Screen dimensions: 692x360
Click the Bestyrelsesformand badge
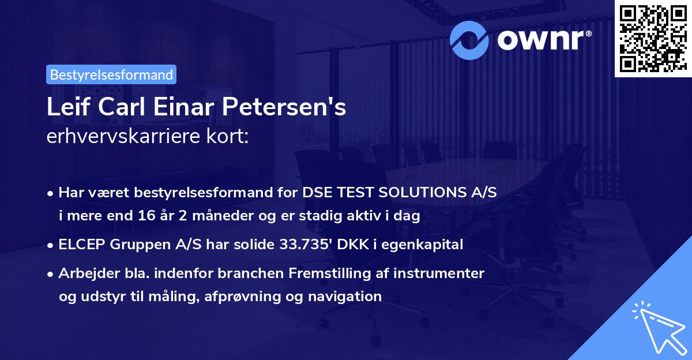111,74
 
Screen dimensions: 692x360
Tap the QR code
653,38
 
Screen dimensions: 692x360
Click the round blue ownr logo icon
469,40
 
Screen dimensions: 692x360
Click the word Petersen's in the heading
284,107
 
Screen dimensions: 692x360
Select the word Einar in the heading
183,107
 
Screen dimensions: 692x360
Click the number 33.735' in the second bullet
306,244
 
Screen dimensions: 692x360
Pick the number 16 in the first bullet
146,215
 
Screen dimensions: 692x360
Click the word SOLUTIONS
423,192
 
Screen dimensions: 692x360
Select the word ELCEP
81,244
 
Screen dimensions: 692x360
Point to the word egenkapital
422,245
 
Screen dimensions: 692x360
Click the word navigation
345,297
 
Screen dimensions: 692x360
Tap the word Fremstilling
330,273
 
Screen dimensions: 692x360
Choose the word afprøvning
242,297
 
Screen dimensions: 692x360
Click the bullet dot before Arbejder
50,274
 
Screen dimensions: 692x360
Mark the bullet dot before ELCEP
50,245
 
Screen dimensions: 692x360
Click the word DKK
353,244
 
